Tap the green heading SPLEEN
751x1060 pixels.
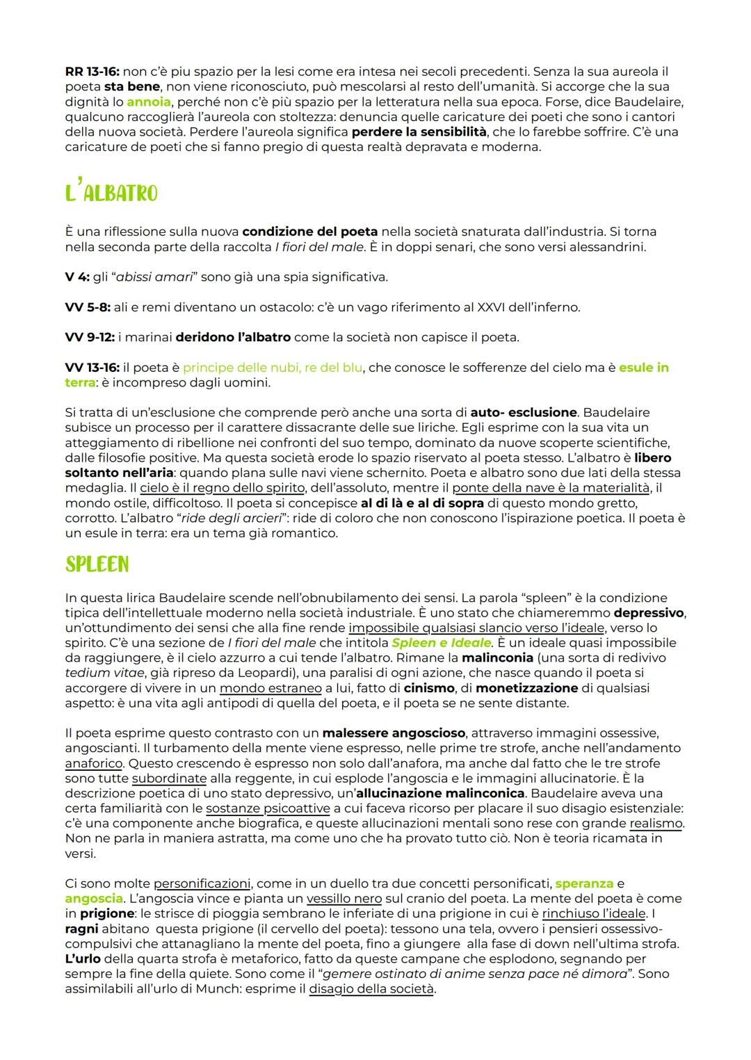(97, 564)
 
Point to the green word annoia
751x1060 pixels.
(148, 101)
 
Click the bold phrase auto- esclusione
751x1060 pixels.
(524, 413)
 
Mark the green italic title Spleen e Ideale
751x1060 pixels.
(441, 643)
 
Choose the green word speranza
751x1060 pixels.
(584, 883)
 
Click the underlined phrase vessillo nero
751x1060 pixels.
(344, 899)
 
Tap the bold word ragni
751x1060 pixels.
(81, 929)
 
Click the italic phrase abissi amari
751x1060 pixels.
(154, 277)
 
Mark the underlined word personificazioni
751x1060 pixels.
(202, 883)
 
